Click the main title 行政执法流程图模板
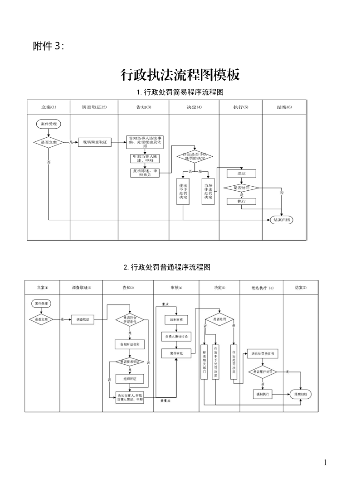(x=180, y=75)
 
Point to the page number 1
(x=325, y=463)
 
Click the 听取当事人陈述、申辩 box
(x=143, y=158)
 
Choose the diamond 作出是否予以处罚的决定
(x=194, y=157)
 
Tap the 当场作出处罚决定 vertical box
(x=208, y=191)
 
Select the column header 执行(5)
(x=241, y=107)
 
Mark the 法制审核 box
(x=176, y=319)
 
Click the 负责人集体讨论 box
(x=176, y=337)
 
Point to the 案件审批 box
(x=176, y=353)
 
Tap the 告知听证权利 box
(x=130, y=344)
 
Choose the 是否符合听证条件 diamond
(x=130, y=320)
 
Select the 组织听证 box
(x=130, y=378)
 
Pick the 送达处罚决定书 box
(x=262, y=354)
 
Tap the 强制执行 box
(x=262, y=395)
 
